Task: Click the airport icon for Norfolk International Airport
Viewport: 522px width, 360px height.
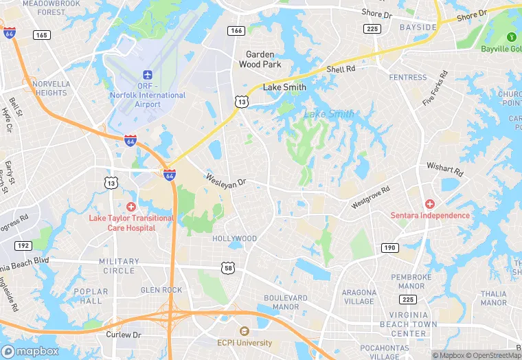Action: pos(147,74)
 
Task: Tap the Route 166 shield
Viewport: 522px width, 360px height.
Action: pos(237,31)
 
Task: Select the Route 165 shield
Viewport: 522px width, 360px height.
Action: pos(42,34)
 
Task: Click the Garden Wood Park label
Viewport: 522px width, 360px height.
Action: pos(260,60)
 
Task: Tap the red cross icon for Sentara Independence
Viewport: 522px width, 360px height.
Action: pos(430,204)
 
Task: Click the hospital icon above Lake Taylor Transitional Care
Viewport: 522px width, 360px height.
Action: pos(131,207)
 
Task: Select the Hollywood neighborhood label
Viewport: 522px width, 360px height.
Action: pos(234,238)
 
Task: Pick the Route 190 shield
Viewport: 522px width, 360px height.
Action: pos(389,247)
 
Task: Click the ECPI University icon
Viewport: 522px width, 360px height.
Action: pos(244,331)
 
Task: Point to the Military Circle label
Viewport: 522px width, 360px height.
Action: pos(118,266)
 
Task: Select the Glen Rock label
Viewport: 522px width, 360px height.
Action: pos(161,290)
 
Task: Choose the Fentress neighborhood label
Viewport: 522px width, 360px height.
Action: pos(408,78)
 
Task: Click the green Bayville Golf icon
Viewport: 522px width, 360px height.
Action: pos(510,36)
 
